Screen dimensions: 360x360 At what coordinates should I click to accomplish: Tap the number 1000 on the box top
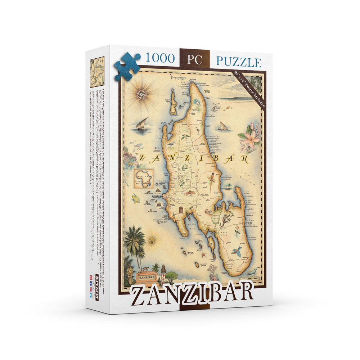click(x=159, y=58)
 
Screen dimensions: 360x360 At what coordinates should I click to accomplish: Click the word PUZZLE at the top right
click(x=238, y=62)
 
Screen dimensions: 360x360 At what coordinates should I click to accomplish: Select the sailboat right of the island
click(x=223, y=126)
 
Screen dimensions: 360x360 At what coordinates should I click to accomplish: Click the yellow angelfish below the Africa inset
click(x=136, y=198)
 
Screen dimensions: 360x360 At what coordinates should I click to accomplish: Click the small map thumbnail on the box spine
click(x=97, y=72)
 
